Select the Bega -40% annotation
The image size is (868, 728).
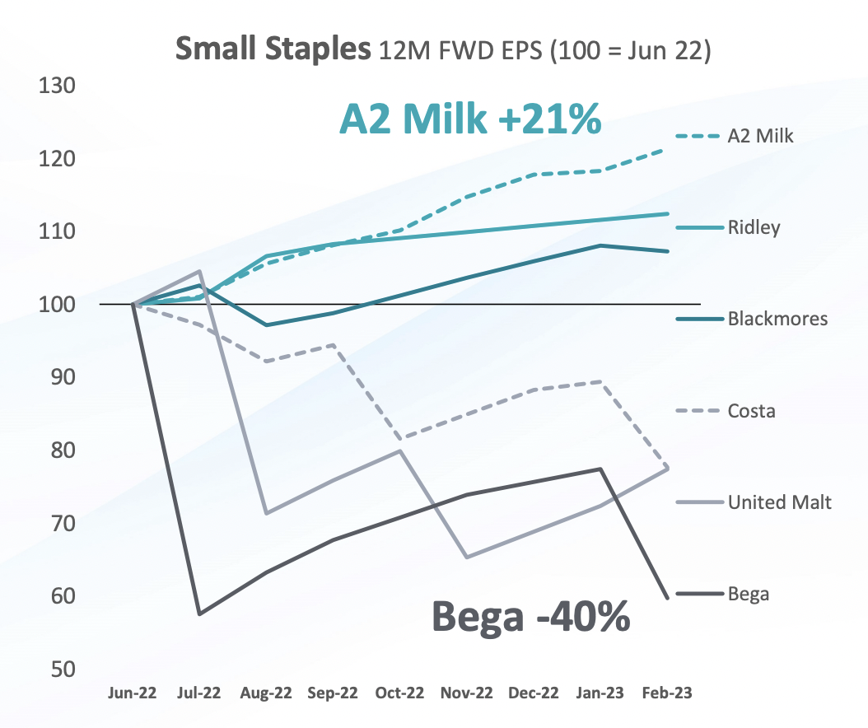531,615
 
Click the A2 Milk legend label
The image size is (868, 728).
760,136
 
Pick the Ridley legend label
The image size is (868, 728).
753,227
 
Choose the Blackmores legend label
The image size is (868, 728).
777,319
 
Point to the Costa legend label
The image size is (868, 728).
751,410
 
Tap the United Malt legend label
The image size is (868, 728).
779,502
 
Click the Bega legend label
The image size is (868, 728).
748,593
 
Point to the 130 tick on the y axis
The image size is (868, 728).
57,86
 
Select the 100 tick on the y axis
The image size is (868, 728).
57,305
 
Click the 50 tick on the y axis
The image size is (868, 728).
63,669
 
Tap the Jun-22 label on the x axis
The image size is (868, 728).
133,693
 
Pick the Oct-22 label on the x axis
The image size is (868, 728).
399,693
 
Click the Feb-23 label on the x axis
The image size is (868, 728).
666,693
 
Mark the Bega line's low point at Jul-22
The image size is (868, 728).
200,614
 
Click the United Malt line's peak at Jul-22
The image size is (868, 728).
200,272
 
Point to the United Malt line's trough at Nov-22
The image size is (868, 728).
467,558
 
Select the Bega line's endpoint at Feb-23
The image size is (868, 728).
666,596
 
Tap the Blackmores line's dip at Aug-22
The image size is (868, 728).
266,325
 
